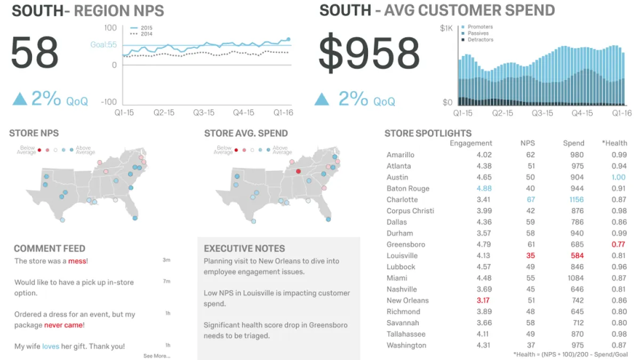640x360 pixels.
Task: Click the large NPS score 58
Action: pyautogui.click(x=35, y=53)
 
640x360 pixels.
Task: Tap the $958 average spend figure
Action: pyautogui.click(x=369, y=54)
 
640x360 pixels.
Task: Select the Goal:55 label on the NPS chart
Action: pyautogui.click(x=103, y=45)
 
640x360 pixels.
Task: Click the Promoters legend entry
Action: pyautogui.click(x=480, y=27)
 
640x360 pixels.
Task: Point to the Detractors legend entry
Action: pyautogui.click(x=480, y=39)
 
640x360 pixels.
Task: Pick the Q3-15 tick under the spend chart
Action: pyautogui.click(x=542, y=113)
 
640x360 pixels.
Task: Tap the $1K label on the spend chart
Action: pyautogui.click(x=446, y=28)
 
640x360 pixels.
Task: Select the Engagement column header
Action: pyautogui.click(x=470, y=143)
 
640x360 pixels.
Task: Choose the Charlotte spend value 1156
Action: pyautogui.click(x=573, y=199)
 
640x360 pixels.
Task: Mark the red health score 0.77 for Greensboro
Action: pyautogui.click(x=619, y=244)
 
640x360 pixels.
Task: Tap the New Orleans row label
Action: pyautogui.click(x=407, y=300)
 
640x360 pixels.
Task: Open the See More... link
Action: pyautogui.click(x=157, y=356)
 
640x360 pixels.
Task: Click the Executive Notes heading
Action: pyautogui.click(x=244, y=249)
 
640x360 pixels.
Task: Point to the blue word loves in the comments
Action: pyautogui.click(x=51, y=346)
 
